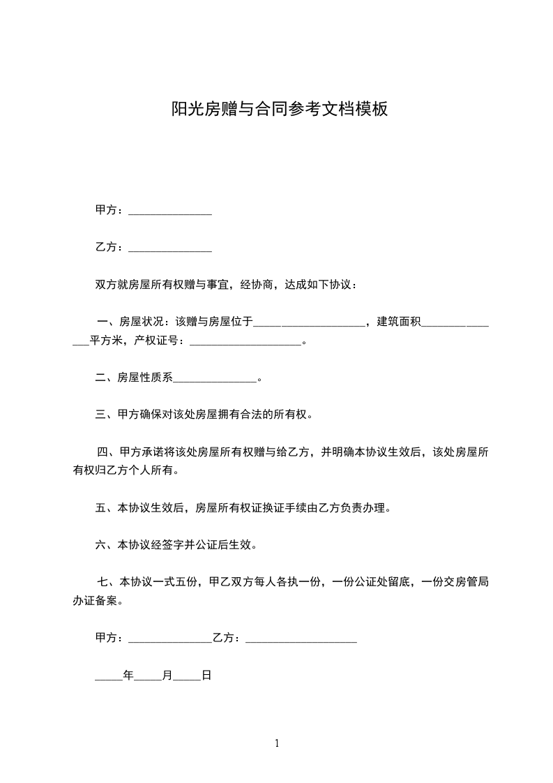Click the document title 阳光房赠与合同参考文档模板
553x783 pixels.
(279, 110)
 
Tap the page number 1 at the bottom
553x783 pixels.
(277, 743)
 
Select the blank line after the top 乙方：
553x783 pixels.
(170, 248)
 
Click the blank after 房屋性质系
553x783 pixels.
(215, 380)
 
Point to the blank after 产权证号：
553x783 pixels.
(245, 342)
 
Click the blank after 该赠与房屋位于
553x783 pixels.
(309, 323)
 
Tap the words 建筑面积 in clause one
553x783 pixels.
(400, 322)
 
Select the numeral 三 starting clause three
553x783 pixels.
(100, 415)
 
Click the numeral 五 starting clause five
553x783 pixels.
(100, 508)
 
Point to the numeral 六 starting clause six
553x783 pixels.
(100, 544)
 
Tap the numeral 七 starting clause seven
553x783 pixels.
(103, 582)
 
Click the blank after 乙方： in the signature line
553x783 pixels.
(301, 639)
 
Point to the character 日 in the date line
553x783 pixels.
(206, 676)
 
